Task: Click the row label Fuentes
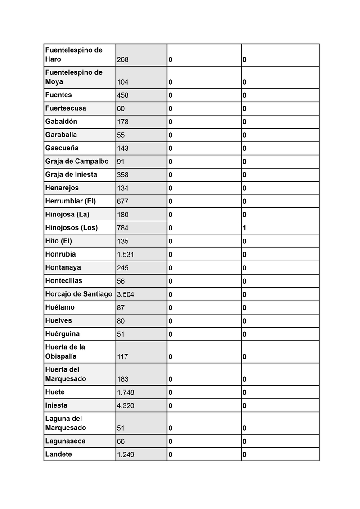pyautogui.click(x=58, y=95)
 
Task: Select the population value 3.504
pyautogui.click(x=126, y=294)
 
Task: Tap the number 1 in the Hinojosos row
pyautogui.click(x=244, y=228)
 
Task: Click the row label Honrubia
pyautogui.click(x=60, y=254)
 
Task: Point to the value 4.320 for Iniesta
pyautogui.click(x=126, y=405)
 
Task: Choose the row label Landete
pyautogui.click(x=58, y=455)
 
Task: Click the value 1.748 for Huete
pyautogui.click(x=126, y=392)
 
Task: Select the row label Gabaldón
pyautogui.click(x=61, y=122)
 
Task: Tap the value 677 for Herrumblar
pyautogui.click(x=123, y=201)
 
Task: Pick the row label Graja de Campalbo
pyautogui.click(x=77, y=161)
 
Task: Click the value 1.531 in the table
pyautogui.click(x=126, y=255)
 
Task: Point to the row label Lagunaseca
pyautogui.click(x=65, y=441)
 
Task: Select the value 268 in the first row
pyautogui.click(x=122, y=59)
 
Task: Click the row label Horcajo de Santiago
pyautogui.click(x=79, y=294)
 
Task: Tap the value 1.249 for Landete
pyautogui.click(x=126, y=455)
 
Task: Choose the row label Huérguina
pyautogui.click(x=62, y=334)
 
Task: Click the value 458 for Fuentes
pyautogui.click(x=123, y=95)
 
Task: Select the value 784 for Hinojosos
pyautogui.click(x=123, y=228)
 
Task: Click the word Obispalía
pyautogui.click(x=61, y=356)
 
